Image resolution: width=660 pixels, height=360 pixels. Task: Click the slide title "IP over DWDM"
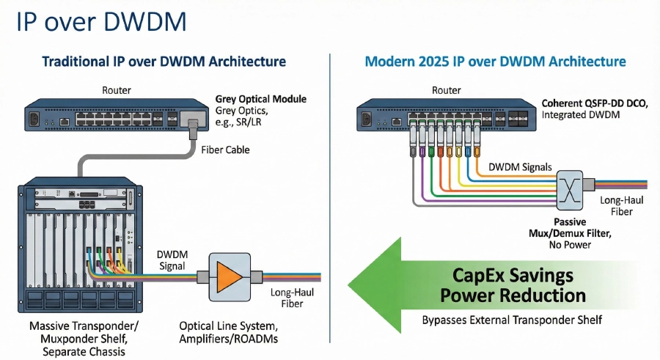pos(102,21)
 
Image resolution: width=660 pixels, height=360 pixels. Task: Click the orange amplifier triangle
pos(229,276)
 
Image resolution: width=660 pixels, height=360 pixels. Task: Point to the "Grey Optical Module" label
pos(260,98)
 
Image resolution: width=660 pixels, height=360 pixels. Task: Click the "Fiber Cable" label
pos(225,150)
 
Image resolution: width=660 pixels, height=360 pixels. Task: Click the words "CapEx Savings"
pos(507,276)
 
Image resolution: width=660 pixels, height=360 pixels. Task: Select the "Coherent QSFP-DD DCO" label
pos(594,103)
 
